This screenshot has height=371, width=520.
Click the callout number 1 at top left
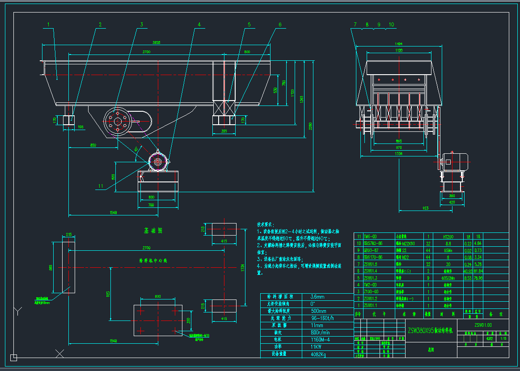tap(50, 25)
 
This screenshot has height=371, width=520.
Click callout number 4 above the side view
tap(199, 25)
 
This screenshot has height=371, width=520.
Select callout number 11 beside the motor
tap(101, 185)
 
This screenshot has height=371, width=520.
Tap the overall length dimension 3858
tap(156, 42)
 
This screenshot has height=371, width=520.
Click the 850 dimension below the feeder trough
tap(93, 145)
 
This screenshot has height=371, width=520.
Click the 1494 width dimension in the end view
tap(399, 44)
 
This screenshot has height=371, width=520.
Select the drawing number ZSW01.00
tap(483, 325)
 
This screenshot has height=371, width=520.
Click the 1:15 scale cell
tap(503, 338)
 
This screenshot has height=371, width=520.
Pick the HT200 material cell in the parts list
tap(447, 236)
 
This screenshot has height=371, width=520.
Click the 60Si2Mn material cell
tap(447, 278)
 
